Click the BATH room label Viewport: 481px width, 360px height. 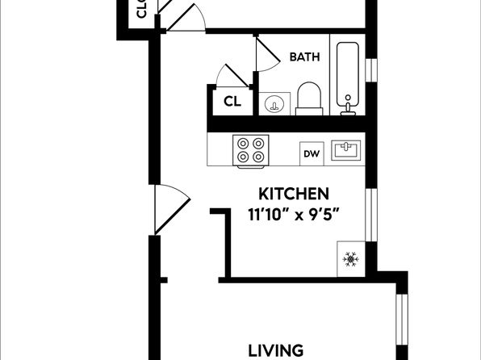tap(304, 57)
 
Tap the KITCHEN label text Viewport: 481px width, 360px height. tap(294, 194)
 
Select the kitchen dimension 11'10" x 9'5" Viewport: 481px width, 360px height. tap(294, 214)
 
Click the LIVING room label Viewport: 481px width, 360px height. tap(275, 351)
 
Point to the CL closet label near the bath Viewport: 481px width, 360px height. tap(232, 101)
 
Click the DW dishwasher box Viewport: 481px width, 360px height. tap(312, 153)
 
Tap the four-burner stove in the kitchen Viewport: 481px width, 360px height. tap(251, 151)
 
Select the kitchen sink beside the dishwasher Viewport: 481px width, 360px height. tap(346, 150)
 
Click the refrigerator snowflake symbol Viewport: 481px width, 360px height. tap(350, 259)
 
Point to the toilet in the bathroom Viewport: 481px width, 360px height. tap(309, 98)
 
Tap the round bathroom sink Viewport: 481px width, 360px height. tap(274, 104)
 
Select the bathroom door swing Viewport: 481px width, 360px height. tap(266, 54)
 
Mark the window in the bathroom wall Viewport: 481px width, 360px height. tap(371, 70)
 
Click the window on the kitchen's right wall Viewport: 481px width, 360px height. tap(371, 215)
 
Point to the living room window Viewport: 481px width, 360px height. tap(402, 320)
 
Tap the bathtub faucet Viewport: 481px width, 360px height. tap(348, 107)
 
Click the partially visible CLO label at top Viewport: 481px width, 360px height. tap(141, 9)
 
